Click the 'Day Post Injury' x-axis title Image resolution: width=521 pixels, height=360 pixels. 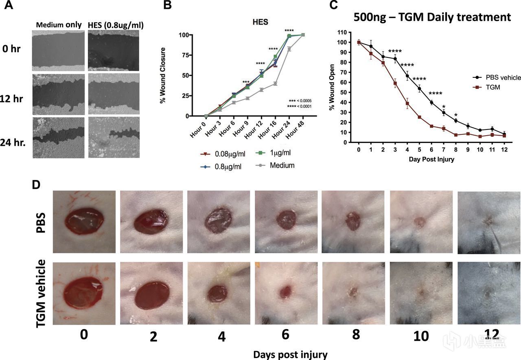click(x=431, y=159)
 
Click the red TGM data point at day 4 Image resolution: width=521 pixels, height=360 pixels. click(x=407, y=103)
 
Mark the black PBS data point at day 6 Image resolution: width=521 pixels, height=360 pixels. click(x=431, y=103)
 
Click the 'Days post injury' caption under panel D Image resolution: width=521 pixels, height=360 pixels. click(x=290, y=354)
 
